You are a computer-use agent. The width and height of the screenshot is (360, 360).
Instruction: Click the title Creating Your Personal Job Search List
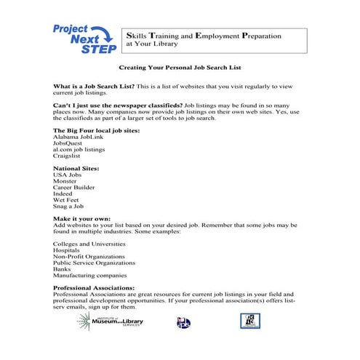point(180,68)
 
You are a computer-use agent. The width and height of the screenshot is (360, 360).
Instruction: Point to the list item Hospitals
point(68,250)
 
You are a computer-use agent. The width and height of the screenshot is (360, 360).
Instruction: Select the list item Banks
point(63,269)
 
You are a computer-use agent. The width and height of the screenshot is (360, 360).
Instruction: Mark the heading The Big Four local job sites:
point(95,129)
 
